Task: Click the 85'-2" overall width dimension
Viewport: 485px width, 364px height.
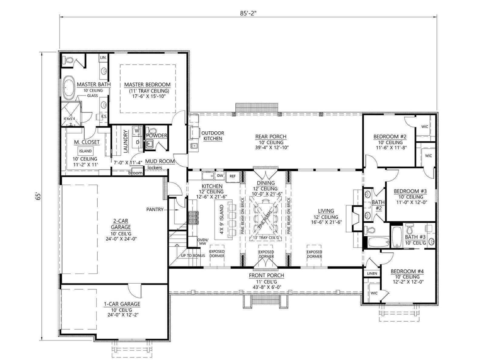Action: point(248,13)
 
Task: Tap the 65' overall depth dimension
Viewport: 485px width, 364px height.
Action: point(38,197)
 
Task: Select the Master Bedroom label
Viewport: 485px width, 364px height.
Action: point(147,85)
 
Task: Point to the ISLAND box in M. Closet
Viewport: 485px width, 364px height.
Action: point(85,151)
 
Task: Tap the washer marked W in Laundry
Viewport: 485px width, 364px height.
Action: point(137,131)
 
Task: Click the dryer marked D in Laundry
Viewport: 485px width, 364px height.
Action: point(137,142)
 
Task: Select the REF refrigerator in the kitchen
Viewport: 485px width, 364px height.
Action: point(233,176)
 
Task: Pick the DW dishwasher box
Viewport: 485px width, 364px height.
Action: point(220,176)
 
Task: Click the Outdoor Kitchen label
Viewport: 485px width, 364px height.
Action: point(212,136)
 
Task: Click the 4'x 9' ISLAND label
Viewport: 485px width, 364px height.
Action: point(222,219)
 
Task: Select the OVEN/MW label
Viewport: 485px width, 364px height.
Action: point(202,241)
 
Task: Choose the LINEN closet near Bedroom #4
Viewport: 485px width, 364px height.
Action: point(372,273)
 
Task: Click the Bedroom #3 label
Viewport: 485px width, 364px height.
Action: point(410,191)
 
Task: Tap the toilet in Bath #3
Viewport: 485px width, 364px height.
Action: point(410,228)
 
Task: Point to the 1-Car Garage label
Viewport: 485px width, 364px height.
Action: point(122,304)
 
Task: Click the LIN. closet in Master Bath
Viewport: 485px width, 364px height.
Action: point(103,58)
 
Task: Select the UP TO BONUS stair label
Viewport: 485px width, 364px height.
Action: point(193,256)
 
